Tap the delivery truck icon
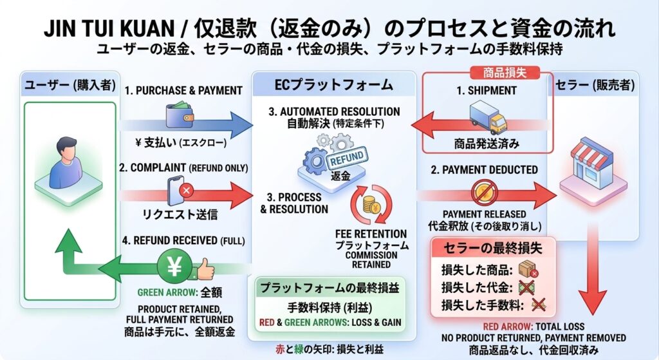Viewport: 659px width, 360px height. (488, 117)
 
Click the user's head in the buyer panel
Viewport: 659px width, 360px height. (67, 147)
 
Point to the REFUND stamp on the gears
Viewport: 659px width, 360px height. (347, 159)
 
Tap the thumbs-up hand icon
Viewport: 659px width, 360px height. (204, 269)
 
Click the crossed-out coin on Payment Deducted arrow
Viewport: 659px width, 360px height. (484, 193)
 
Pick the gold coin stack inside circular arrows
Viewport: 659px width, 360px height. (371, 205)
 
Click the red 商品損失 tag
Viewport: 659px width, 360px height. (505, 72)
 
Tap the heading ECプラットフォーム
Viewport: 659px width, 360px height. (334, 85)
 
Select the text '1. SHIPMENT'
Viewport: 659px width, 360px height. (487, 90)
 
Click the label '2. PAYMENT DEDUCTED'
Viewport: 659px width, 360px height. (484, 170)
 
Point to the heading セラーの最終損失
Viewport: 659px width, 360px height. (493, 248)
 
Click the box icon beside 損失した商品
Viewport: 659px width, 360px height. (528, 270)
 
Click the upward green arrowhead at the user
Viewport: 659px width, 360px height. (68, 241)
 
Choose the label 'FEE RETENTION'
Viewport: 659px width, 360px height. (371, 234)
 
